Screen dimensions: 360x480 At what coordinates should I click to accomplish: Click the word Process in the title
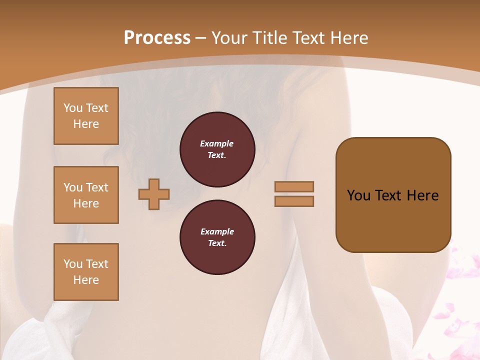(x=157, y=38)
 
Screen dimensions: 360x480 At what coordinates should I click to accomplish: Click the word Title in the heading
(x=271, y=38)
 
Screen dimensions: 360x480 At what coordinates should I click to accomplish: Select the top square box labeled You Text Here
(x=86, y=116)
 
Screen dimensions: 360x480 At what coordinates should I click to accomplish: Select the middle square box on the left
(x=86, y=195)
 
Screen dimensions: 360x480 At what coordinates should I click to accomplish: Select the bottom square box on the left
(x=86, y=272)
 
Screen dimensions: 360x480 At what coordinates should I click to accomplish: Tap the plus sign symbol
(x=154, y=194)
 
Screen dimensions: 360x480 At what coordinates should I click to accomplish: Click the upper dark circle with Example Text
(x=217, y=149)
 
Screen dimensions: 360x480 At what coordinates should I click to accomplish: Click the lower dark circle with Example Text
(x=217, y=237)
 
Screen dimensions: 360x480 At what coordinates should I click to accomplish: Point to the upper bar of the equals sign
(x=294, y=186)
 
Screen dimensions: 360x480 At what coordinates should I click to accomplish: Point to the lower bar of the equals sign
(x=294, y=201)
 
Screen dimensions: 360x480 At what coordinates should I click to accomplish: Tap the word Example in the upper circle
(x=217, y=144)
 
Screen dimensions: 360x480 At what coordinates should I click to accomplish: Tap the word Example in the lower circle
(x=217, y=232)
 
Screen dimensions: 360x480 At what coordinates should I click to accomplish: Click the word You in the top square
(x=73, y=108)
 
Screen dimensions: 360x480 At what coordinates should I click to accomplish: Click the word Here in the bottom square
(x=86, y=280)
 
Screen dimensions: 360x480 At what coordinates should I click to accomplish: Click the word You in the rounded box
(x=358, y=195)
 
